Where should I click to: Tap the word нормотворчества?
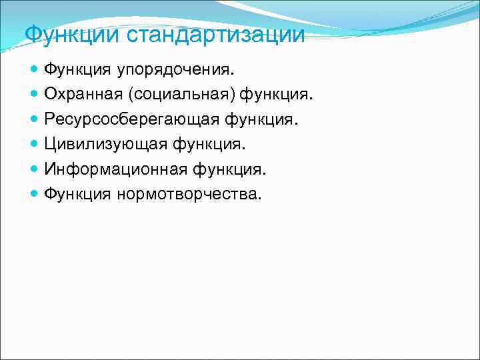(190, 194)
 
